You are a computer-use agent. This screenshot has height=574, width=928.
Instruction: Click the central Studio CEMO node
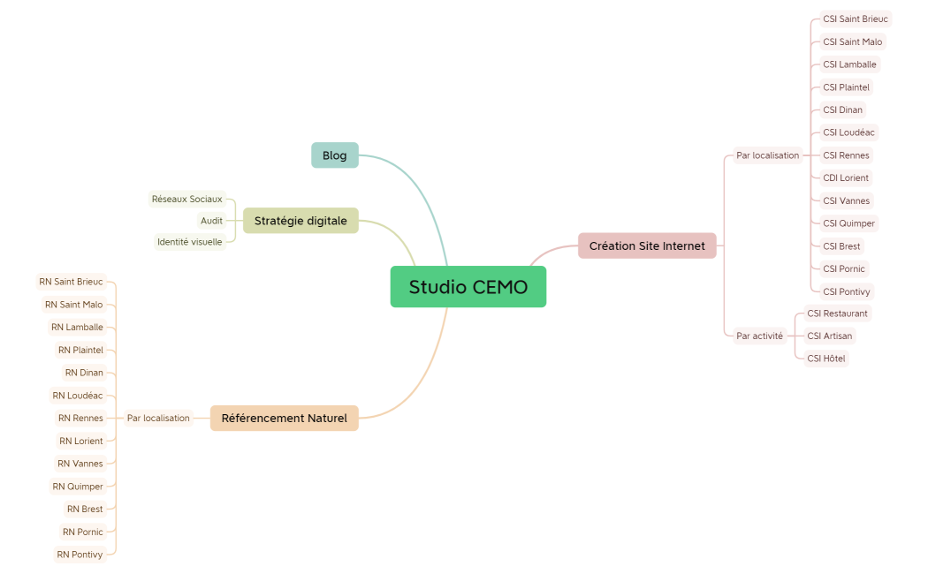point(468,287)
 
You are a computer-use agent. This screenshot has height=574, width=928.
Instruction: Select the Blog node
point(335,155)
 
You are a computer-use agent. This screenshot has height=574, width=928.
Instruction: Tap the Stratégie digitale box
point(300,221)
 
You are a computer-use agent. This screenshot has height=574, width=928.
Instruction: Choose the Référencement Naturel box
point(284,418)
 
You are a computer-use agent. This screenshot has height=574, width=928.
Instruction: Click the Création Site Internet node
point(647,245)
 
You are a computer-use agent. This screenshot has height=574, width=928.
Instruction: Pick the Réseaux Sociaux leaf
point(186,199)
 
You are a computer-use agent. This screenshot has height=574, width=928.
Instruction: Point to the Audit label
point(211,221)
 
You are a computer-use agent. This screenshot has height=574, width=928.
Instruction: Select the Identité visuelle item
point(190,242)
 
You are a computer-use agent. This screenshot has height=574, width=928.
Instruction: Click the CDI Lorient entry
point(846,177)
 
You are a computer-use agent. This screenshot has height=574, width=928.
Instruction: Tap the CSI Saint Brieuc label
point(855,19)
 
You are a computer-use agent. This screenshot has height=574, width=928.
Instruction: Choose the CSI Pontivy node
point(848,291)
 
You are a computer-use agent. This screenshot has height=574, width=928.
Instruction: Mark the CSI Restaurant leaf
point(837,313)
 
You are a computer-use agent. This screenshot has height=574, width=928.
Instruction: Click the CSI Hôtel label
point(826,359)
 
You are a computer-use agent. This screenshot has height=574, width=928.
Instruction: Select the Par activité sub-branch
point(759,336)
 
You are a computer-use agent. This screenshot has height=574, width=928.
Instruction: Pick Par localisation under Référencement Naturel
point(158,418)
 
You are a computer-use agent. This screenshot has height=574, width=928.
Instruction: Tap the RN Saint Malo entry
point(74,305)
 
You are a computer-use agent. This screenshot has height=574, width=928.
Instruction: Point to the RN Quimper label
point(78,487)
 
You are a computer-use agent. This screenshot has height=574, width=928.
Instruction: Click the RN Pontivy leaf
point(80,555)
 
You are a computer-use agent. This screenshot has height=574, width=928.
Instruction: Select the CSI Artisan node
point(830,336)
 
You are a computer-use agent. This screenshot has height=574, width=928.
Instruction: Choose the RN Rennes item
point(80,418)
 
